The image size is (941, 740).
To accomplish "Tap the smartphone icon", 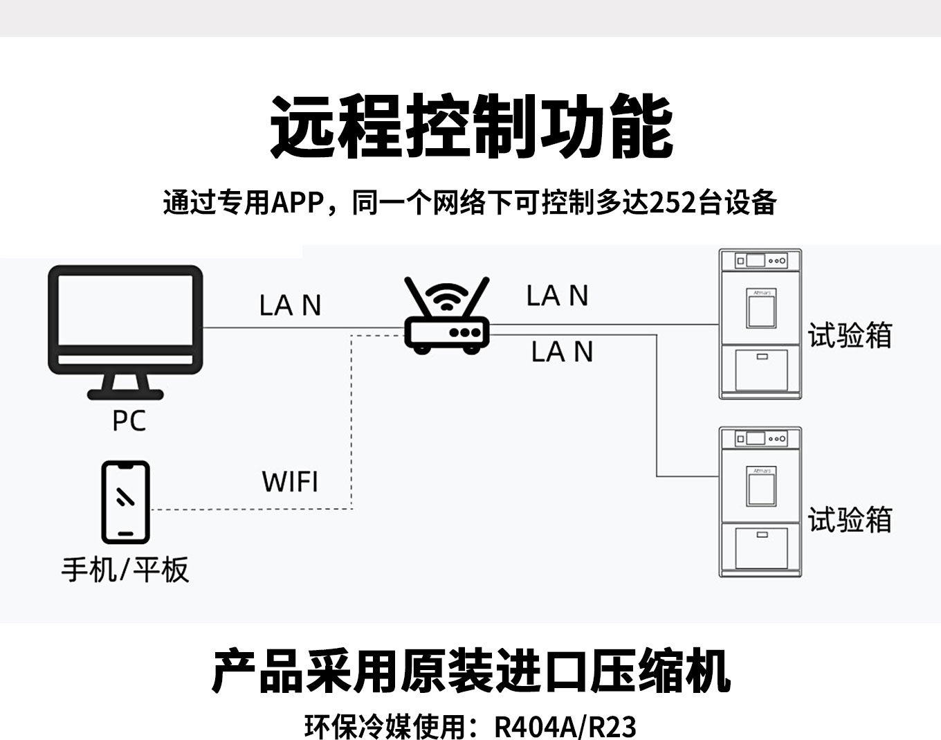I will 125,502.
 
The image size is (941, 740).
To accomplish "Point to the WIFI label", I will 290,481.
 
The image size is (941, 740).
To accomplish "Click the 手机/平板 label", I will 125,570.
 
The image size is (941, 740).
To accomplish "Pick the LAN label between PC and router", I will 290,305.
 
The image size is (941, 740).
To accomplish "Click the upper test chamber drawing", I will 760,324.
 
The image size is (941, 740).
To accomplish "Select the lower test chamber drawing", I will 760,502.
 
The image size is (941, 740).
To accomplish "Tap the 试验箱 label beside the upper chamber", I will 850,336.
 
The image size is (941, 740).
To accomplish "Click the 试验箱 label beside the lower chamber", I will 850,520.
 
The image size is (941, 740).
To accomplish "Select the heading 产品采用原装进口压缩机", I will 470,671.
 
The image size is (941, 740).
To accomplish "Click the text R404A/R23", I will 565,726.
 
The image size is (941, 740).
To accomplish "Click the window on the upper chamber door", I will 761,309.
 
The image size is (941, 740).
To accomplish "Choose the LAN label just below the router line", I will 562,352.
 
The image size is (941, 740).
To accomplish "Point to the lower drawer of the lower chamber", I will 761,548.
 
